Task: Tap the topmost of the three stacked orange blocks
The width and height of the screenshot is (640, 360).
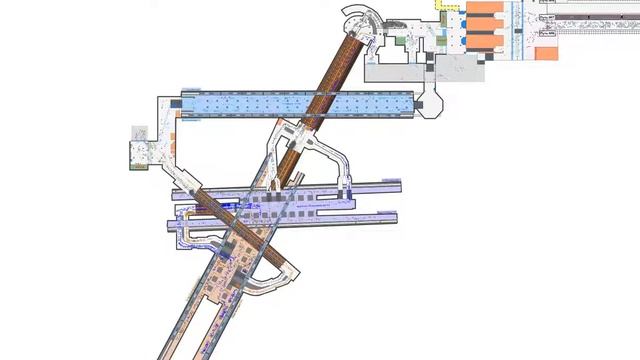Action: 484,7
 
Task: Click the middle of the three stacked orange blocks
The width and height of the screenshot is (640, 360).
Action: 484,25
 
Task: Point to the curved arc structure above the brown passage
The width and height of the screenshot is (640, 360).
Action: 358,18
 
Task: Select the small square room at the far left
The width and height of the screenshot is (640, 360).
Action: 138,156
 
